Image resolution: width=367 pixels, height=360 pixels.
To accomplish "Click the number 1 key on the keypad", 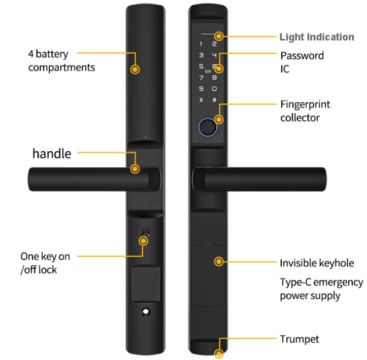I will [x=202, y=45].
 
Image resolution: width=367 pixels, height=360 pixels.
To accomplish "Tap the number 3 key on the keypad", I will [x=202, y=56].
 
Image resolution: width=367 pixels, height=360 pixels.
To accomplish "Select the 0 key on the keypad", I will [x=214, y=89].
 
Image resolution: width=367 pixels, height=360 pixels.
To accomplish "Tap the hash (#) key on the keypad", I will [x=214, y=100].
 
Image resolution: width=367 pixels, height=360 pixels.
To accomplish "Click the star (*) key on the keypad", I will [x=202, y=100].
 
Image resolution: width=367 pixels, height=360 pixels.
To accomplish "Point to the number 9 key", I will [x=202, y=89].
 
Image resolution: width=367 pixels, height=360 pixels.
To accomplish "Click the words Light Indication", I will [x=317, y=37].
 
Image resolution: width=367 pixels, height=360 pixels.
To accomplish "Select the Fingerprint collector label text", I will [x=305, y=111].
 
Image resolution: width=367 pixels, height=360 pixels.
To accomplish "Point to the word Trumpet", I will [x=299, y=339].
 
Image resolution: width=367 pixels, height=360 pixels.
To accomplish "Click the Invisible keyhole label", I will [x=317, y=263].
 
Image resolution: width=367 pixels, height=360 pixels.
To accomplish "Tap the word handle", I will [x=52, y=153].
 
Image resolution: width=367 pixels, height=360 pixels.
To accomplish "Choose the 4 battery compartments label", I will [x=61, y=61].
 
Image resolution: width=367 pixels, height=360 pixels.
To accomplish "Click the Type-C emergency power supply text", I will [x=321, y=289].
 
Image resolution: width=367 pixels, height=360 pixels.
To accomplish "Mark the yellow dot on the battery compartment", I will [x=135, y=69].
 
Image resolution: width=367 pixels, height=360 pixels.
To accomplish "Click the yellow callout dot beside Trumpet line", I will [x=219, y=354].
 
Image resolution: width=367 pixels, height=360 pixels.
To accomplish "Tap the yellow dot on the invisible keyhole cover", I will [x=219, y=262].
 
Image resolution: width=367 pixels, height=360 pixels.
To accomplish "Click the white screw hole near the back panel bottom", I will [x=146, y=311].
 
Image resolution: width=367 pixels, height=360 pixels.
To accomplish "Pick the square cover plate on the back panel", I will [x=146, y=283].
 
